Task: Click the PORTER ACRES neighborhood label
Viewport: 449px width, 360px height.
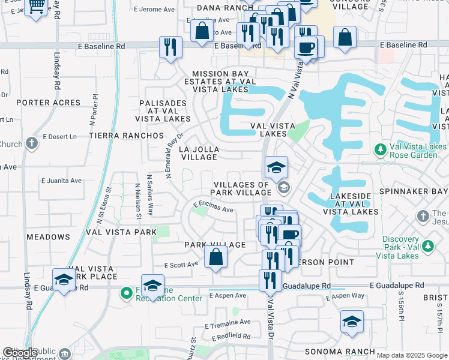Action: click(x=48, y=103)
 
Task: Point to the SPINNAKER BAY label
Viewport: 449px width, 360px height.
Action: click(x=420, y=191)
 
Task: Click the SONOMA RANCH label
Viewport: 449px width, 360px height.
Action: click(x=340, y=352)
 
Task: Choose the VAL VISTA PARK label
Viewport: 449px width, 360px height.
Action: click(x=121, y=232)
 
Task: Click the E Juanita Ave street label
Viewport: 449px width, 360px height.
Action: click(x=61, y=180)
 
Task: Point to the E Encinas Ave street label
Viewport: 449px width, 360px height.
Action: click(x=213, y=207)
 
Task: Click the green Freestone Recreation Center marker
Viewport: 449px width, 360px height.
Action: click(x=126, y=293)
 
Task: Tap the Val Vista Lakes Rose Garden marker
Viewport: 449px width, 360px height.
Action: click(x=379, y=148)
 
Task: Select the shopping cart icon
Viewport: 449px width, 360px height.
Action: click(x=37, y=7)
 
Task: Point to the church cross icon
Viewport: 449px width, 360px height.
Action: click(x=32, y=144)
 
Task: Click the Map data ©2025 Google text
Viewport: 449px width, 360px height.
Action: click(x=412, y=355)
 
